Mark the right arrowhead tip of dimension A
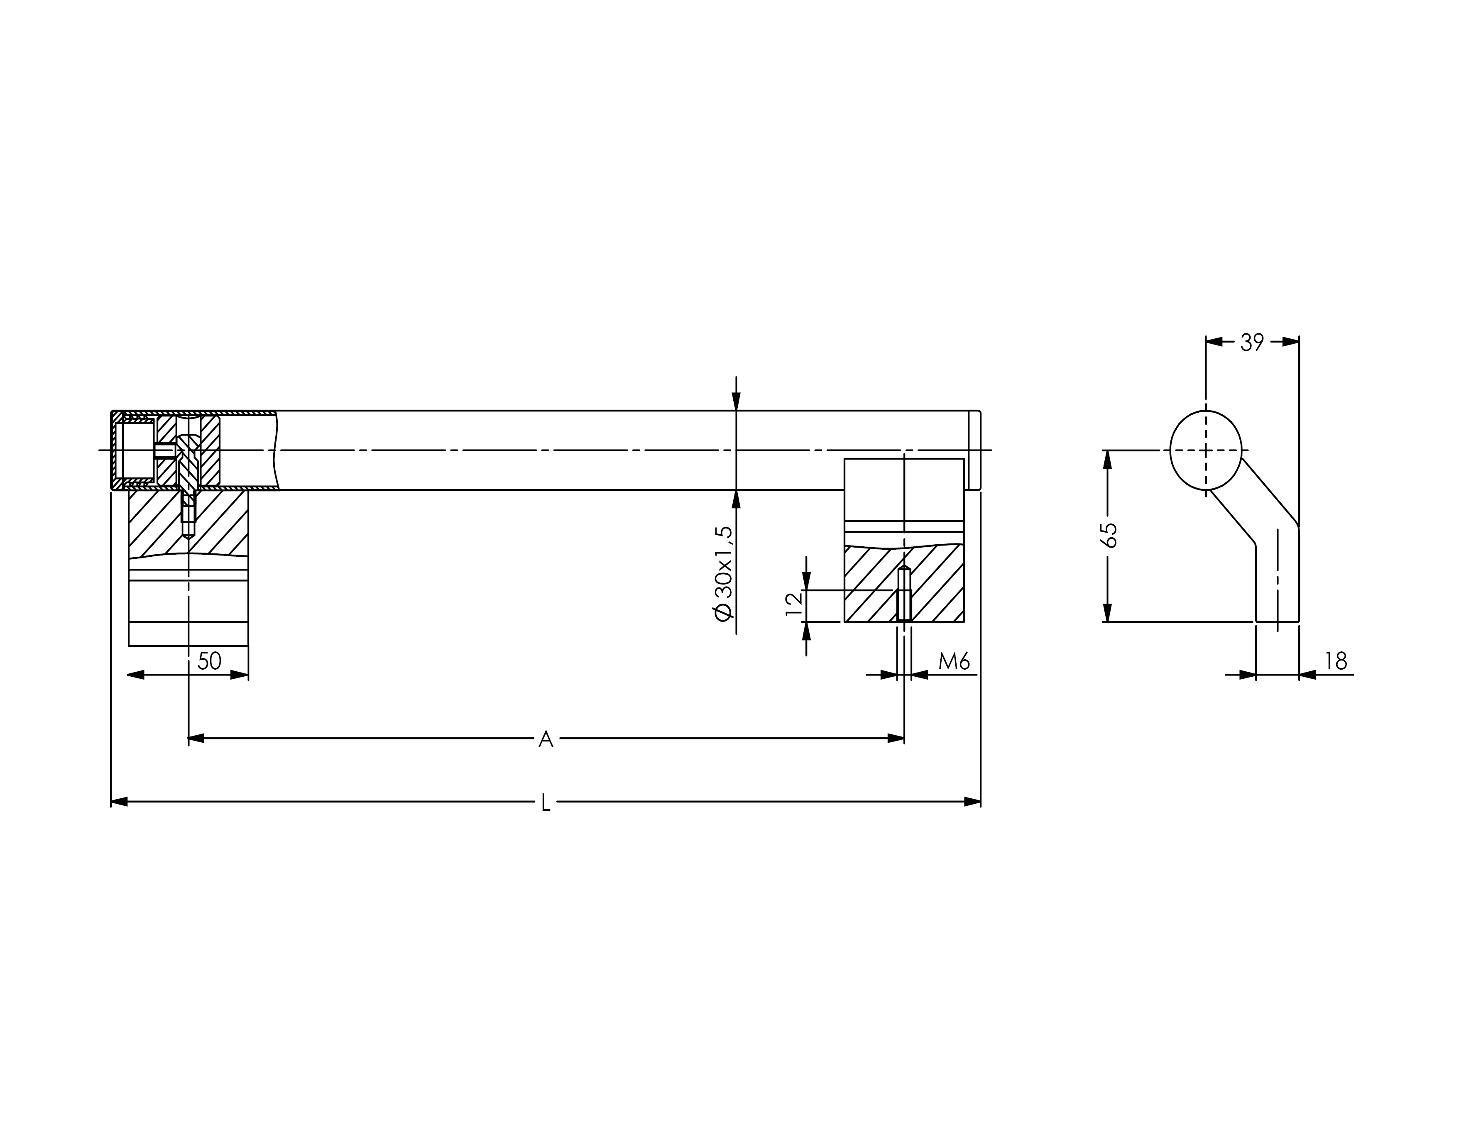click(x=904, y=738)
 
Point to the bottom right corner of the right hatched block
click(x=964, y=622)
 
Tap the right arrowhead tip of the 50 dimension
click(x=248, y=675)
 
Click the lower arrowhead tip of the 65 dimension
click(x=1107, y=622)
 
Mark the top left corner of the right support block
click(x=844, y=459)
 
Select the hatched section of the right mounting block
click(x=904, y=583)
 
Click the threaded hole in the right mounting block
click(x=904, y=594)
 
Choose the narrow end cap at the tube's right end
click(x=974, y=450)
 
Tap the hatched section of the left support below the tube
click(x=188, y=524)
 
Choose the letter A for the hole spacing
click(x=546, y=739)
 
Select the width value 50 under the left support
click(x=210, y=661)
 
